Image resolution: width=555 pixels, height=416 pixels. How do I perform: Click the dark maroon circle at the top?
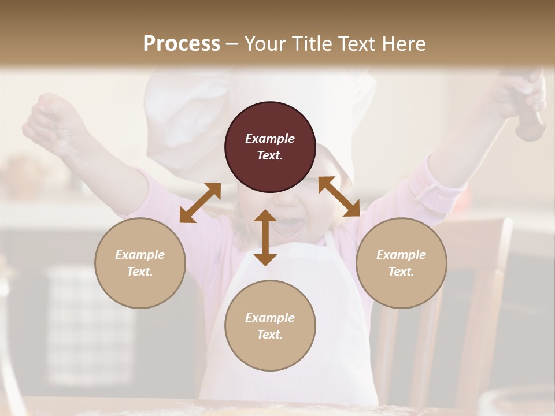(x=270, y=147)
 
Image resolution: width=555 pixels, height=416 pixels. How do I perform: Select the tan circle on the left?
(x=140, y=263)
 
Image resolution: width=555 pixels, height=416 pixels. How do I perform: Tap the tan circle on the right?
(x=401, y=263)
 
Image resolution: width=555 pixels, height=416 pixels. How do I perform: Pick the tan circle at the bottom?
(x=270, y=326)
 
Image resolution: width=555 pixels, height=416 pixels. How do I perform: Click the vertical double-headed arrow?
(x=265, y=237)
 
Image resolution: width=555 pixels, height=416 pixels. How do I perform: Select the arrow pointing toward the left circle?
(x=200, y=203)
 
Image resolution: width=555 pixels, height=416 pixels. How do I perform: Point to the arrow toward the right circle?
(x=339, y=196)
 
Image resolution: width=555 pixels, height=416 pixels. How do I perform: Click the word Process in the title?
(x=182, y=43)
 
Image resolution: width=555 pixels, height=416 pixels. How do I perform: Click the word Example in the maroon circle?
(x=270, y=139)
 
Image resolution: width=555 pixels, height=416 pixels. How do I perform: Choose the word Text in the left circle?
(x=140, y=272)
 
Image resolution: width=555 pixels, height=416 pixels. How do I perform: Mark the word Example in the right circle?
(x=401, y=255)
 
